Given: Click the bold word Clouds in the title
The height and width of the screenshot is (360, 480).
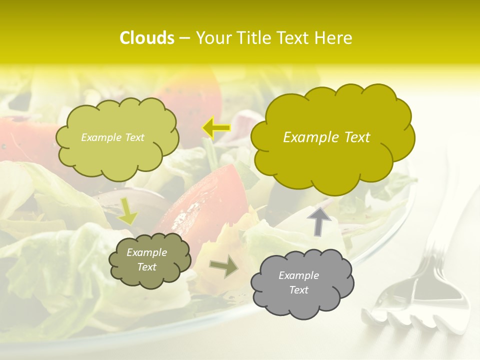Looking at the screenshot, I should click(x=146, y=38).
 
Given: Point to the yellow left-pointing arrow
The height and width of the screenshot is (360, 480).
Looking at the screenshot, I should click(x=216, y=128).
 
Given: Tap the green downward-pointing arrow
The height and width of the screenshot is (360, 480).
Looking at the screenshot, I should click(x=127, y=211).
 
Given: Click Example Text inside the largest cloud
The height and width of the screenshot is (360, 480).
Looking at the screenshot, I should click(x=326, y=137).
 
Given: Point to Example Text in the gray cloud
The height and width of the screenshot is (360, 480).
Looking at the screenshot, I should click(x=298, y=282).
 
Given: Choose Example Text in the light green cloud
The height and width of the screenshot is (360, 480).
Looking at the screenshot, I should click(x=112, y=137).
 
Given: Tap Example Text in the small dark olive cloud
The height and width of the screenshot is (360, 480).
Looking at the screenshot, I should click(x=146, y=259).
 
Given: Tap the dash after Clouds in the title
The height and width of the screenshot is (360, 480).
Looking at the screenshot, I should click(x=184, y=38).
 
